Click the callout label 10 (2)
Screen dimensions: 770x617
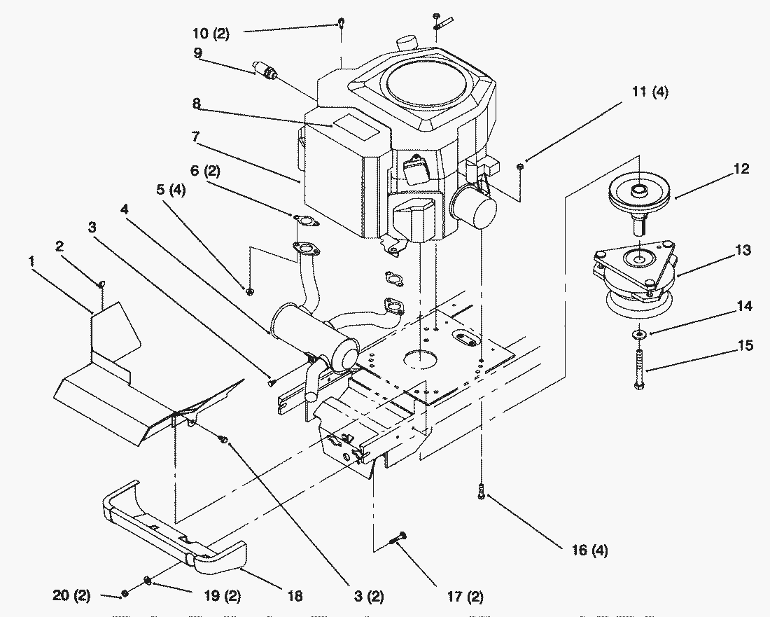(211, 34)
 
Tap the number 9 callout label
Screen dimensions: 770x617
(197, 52)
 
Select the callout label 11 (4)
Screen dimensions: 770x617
(650, 91)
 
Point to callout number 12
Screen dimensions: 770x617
(741, 169)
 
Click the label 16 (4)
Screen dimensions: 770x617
(590, 550)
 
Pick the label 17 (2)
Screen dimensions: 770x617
(465, 597)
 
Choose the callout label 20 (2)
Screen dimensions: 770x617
(71, 595)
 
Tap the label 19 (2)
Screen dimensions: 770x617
(222, 596)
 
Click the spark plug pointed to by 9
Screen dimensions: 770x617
(265, 70)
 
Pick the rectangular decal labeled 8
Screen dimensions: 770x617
(356, 126)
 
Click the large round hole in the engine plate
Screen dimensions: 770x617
(421, 359)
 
